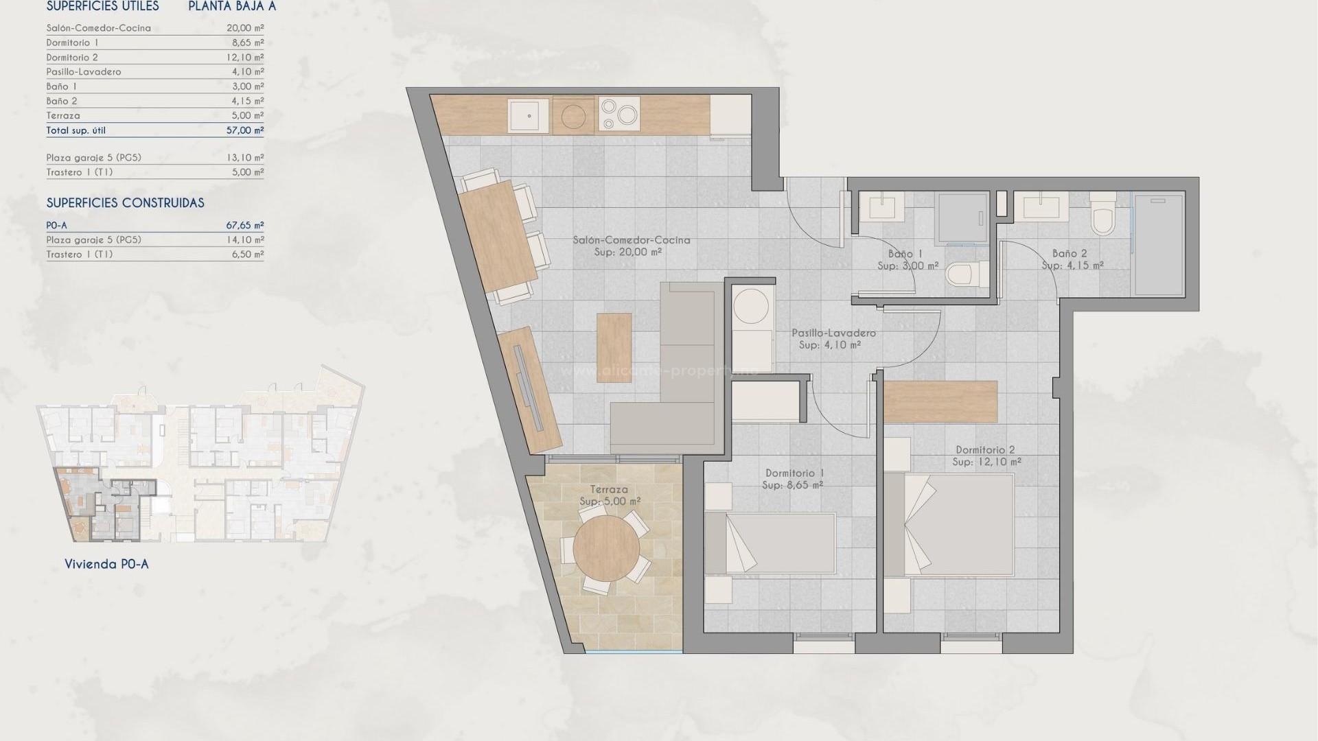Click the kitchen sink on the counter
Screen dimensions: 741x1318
coord(529,115)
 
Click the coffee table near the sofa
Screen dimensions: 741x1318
coord(614,347)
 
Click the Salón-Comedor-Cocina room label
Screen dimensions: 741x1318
coord(632,240)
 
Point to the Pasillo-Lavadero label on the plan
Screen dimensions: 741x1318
coord(833,333)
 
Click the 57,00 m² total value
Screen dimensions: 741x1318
coord(245,130)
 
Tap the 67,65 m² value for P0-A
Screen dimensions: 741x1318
coord(245,225)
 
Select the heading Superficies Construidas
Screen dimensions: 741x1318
coord(125,203)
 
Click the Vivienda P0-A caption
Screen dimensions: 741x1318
coord(106,564)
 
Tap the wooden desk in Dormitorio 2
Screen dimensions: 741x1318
coord(940,401)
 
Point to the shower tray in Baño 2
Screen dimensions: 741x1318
coord(1159,244)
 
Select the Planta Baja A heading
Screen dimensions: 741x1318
coord(232,7)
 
